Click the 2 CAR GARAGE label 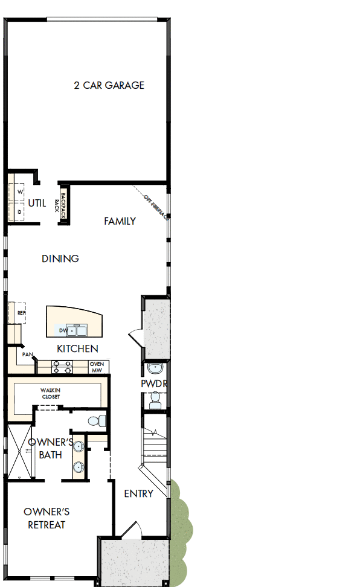tap(109, 85)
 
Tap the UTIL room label tap(36, 204)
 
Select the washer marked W tap(19, 191)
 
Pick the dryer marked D tap(19, 212)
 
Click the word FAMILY tap(120, 221)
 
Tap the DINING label tap(60, 258)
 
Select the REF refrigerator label tap(21, 313)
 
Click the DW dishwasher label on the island tap(63, 330)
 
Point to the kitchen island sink tap(79, 330)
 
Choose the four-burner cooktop tap(63, 367)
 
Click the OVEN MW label tap(96, 367)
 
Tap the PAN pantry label tap(27, 354)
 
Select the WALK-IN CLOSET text tap(51, 393)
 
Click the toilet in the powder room tap(155, 398)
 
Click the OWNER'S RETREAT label tap(47, 519)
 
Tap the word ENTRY tap(138, 493)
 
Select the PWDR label tap(153, 383)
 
